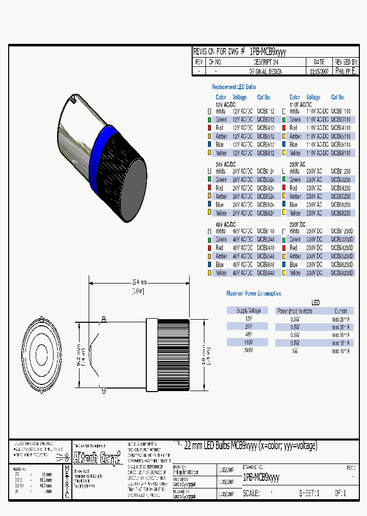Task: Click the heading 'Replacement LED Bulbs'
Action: pos(234,87)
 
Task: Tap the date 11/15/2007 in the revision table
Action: pos(320,71)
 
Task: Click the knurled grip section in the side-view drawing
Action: pos(174,355)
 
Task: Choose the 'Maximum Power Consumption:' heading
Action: pos(253,293)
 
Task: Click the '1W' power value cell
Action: pos(295,351)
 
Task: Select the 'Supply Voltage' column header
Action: pos(248,311)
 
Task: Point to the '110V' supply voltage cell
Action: pos(248,343)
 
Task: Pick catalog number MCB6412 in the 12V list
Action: pos(266,127)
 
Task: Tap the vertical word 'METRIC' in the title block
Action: pos(66,482)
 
